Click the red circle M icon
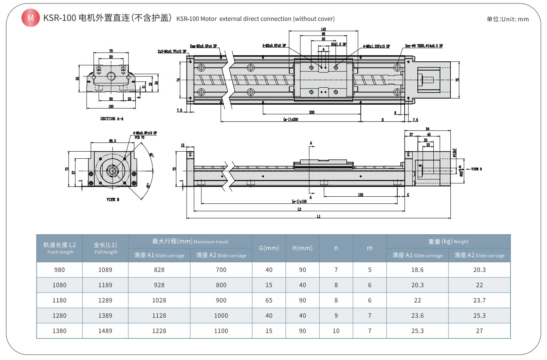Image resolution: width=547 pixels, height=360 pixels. (30, 18)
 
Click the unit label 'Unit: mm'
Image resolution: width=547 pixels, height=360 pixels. (507, 19)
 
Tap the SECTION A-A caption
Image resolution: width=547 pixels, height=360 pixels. (112, 119)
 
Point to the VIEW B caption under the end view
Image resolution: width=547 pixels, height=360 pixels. (113, 199)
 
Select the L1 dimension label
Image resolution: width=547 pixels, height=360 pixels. (319, 216)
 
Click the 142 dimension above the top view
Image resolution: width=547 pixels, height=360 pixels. (323, 29)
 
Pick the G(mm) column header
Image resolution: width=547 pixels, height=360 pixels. (269, 248)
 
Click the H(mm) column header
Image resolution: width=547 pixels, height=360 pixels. (302, 248)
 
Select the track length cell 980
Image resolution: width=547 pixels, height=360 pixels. (59, 270)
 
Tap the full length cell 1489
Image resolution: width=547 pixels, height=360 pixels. (105, 331)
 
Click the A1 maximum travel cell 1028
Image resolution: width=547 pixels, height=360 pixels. (159, 300)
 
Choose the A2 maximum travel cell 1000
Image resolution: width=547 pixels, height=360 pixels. (221, 316)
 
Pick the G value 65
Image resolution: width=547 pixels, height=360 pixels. (269, 300)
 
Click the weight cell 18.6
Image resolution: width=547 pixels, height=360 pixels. (417, 270)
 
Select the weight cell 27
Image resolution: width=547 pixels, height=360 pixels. (479, 331)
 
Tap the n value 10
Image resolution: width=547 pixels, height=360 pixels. (336, 331)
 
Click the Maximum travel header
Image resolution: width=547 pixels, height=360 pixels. (190, 241)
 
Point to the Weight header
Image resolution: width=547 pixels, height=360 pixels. (448, 241)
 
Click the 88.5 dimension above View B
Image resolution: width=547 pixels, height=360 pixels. (113, 141)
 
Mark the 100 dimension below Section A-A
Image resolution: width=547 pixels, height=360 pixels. (111, 106)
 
